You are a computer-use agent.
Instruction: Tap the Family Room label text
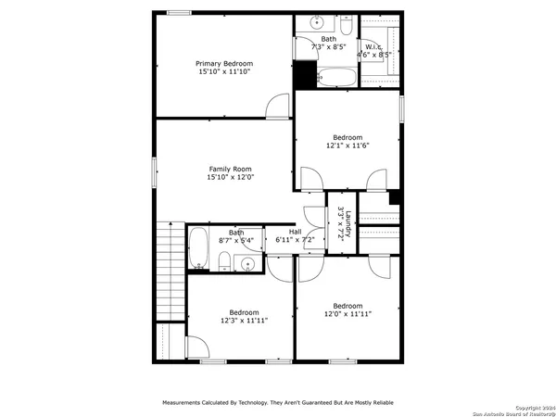(x=230, y=169)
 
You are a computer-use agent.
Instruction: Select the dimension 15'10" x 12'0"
(x=230, y=177)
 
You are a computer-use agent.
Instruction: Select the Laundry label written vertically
(x=341, y=222)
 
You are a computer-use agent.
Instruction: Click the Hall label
(x=295, y=232)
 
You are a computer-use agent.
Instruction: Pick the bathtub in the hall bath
(x=199, y=248)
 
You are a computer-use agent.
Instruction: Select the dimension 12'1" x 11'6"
(x=347, y=145)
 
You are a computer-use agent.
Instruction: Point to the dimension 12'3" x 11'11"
(x=244, y=321)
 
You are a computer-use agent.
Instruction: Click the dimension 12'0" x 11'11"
(x=347, y=314)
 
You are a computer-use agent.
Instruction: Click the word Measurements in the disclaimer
(x=184, y=403)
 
